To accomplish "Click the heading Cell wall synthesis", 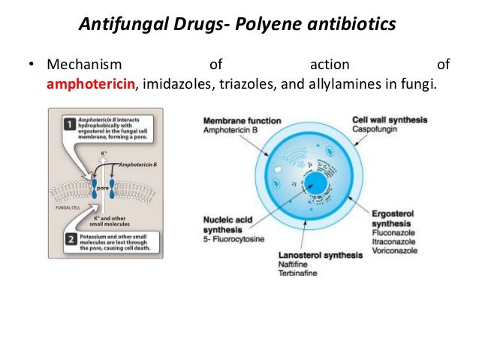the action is pos(390,120).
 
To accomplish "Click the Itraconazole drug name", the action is pos(394,243).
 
